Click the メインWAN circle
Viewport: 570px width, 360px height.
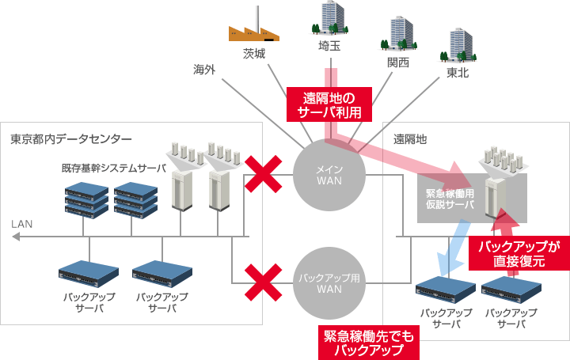(x=328, y=173)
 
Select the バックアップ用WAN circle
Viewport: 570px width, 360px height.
(x=328, y=283)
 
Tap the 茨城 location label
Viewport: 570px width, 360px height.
(x=253, y=54)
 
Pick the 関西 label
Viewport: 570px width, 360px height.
(x=398, y=63)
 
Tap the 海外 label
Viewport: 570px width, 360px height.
(x=204, y=70)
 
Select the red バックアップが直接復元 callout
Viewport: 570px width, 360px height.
(x=519, y=254)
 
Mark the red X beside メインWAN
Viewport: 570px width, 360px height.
(x=262, y=173)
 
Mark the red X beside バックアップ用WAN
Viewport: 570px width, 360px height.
(x=262, y=282)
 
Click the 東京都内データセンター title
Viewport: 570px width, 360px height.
(x=70, y=139)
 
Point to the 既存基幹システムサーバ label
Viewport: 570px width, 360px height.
(x=114, y=169)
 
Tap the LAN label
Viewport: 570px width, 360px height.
(x=22, y=225)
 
